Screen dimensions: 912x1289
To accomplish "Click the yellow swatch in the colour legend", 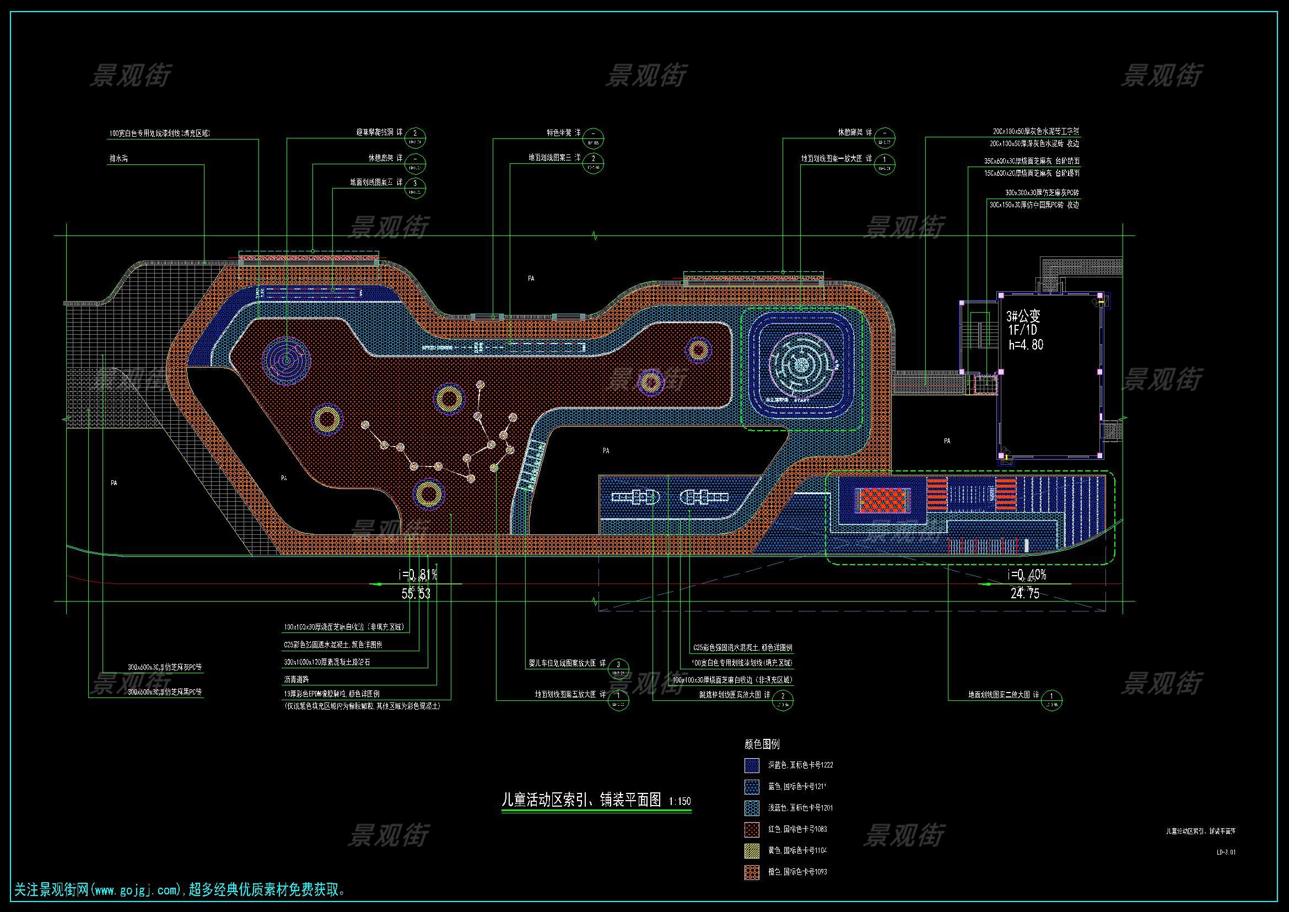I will pyautogui.click(x=752, y=850).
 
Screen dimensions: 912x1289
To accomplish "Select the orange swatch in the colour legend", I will pyautogui.click(x=752, y=872).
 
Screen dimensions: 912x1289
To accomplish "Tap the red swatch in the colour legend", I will pyautogui.click(x=752, y=829).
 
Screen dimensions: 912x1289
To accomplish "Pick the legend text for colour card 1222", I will pyautogui.click(x=800, y=765).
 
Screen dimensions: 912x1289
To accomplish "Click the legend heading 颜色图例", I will pyautogui.click(x=762, y=744).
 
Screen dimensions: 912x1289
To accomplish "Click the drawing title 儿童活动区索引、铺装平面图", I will pyautogui.click(x=581, y=800).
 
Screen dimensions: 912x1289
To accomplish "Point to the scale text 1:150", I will pyautogui.click(x=680, y=801).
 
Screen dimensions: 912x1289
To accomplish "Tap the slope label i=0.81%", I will pyautogui.click(x=417, y=575).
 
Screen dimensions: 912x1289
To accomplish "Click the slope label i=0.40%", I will pyautogui.click(x=1027, y=575).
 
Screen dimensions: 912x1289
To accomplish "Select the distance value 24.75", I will pyautogui.click(x=1025, y=594).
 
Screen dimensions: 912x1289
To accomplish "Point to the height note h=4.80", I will pyautogui.click(x=1026, y=344).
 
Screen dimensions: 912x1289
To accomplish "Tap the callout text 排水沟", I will pyautogui.click(x=118, y=159).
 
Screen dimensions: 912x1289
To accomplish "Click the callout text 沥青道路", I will pyautogui.click(x=296, y=679).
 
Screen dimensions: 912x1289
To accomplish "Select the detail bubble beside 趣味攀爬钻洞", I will pyautogui.click(x=415, y=137).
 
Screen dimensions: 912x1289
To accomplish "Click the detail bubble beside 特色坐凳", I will pyautogui.click(x=593, y=137).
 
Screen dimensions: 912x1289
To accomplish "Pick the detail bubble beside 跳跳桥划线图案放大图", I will pyautogui.click(x=783, y=700).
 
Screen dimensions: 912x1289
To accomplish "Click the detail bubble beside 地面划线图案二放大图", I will pyautogui.click(x=1051, y=700).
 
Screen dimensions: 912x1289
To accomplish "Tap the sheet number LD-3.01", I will pyautogui.click(x=1226, y=852).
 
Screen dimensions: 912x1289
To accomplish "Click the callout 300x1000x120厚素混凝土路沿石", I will pyautogui.click(x=327, y=662).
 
